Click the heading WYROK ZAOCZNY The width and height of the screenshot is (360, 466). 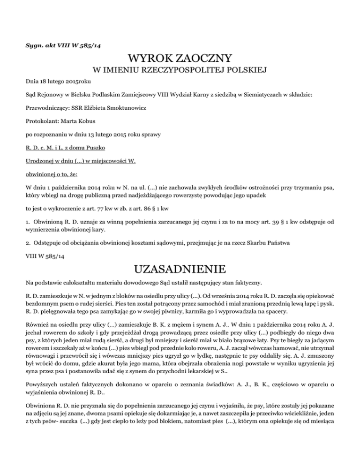180,60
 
